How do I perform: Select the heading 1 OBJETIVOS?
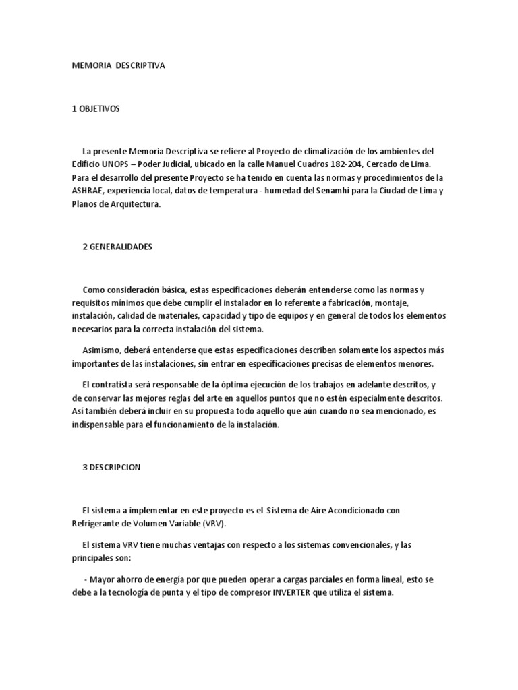click(95, 108)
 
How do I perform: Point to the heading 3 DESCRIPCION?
click(111, 467)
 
